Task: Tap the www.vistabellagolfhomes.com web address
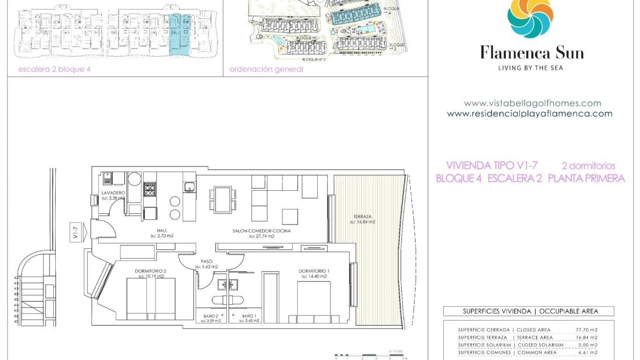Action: point(532,103)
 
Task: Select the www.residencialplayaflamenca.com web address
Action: point(529,113)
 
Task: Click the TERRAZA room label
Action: point(362,217)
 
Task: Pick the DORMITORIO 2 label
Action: point(150,271)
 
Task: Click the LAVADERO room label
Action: point(113,193)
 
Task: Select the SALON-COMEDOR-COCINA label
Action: point(261,231)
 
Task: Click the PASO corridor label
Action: point(207,262)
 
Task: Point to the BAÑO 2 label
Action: point(210,316)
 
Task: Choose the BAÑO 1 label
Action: point(249,316)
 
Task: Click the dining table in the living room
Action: point(223,199)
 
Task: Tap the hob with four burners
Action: point(149,189)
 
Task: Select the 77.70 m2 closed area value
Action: point(586,330)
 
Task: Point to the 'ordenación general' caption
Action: point(266,69)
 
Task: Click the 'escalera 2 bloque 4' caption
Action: point(54,69)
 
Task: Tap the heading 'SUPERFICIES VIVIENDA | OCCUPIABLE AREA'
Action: point(530,311)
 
